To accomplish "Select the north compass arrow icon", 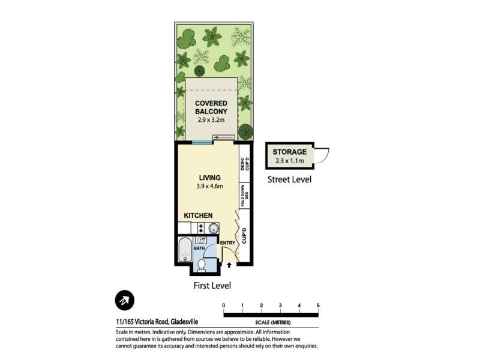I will tap(125, 300).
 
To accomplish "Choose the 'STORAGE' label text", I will tap(290, 152).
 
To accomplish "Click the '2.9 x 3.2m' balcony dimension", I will tap(211, 119).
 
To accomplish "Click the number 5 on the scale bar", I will tap(318, 306).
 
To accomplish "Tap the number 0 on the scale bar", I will tap(224, 306).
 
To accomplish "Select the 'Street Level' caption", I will tap(289, 179).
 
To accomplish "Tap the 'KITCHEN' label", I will tap(199, 215).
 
